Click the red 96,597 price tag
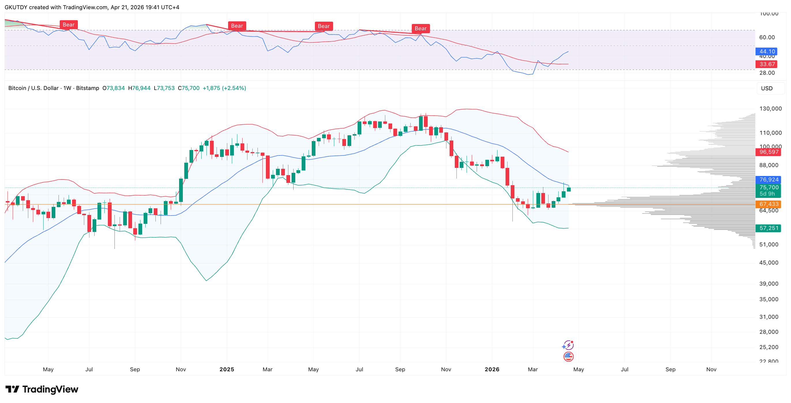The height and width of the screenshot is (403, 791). [x=769, y=152]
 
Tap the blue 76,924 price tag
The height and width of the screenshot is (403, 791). [x=769, y=180]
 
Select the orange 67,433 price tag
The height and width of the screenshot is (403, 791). [x=769, y=204]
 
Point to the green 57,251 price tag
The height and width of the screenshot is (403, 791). [x=769, y=228]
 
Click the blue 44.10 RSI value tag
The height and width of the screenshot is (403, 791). [x=767, y=52]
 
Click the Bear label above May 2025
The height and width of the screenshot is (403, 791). [x=324, y=27]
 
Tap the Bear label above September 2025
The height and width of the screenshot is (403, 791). [x=420, y=29]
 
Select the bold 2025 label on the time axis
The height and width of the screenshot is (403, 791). [x=227, y=370]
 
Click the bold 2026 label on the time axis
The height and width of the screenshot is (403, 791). [x=492, y=370]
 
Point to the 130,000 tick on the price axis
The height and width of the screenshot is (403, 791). [x=771, y=109]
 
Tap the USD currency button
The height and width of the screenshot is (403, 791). [x=767, y=89]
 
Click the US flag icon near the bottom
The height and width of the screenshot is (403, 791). [x=568, y=357]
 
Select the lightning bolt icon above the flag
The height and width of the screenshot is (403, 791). [x=568, y=345]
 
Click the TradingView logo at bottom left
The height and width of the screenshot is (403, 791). [x=42, y=389]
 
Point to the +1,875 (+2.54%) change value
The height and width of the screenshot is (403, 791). [x=224, y=88]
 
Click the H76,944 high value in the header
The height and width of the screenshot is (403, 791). [x=139, y=88]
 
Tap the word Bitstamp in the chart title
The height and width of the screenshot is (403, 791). [x=87, y=88]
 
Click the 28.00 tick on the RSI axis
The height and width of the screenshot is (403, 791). [x=767, y=73]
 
